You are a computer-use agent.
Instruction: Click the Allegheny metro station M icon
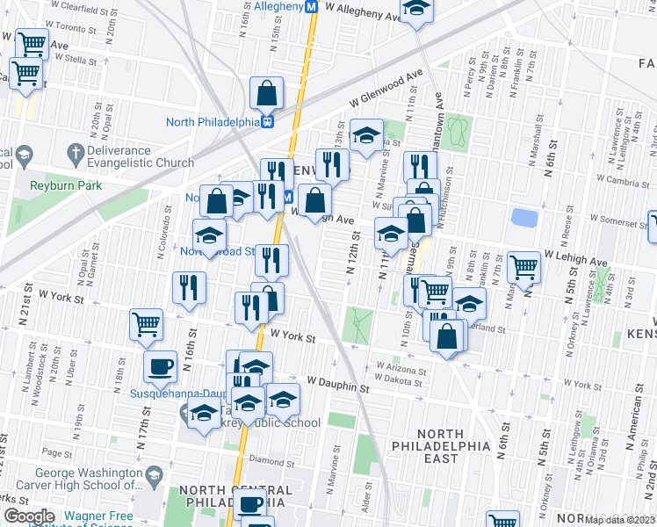pos(310,6)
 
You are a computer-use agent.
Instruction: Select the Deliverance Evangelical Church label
pos(140,156)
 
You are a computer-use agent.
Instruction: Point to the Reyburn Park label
pos(65,186)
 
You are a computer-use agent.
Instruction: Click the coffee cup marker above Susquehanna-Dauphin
pos(160,367)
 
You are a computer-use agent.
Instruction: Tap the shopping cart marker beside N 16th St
pos(146,324)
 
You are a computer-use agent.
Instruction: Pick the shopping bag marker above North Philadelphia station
pos(266,92)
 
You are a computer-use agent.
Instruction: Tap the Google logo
pos(28,516)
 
